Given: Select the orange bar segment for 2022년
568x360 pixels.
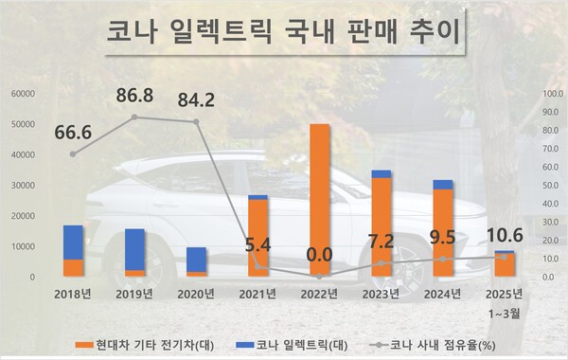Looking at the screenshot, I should point(320,199).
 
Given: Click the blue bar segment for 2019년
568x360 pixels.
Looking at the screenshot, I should point(134,250).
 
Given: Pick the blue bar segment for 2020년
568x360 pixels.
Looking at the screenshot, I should point(196,260).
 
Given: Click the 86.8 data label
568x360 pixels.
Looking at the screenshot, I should point(134,97).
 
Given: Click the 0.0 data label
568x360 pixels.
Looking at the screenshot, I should point(320,252).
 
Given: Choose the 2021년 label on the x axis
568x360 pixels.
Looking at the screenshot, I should point(257,295).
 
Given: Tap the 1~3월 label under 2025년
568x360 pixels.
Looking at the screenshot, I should point(506,311).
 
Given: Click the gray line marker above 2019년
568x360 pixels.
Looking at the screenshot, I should point(134,117).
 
